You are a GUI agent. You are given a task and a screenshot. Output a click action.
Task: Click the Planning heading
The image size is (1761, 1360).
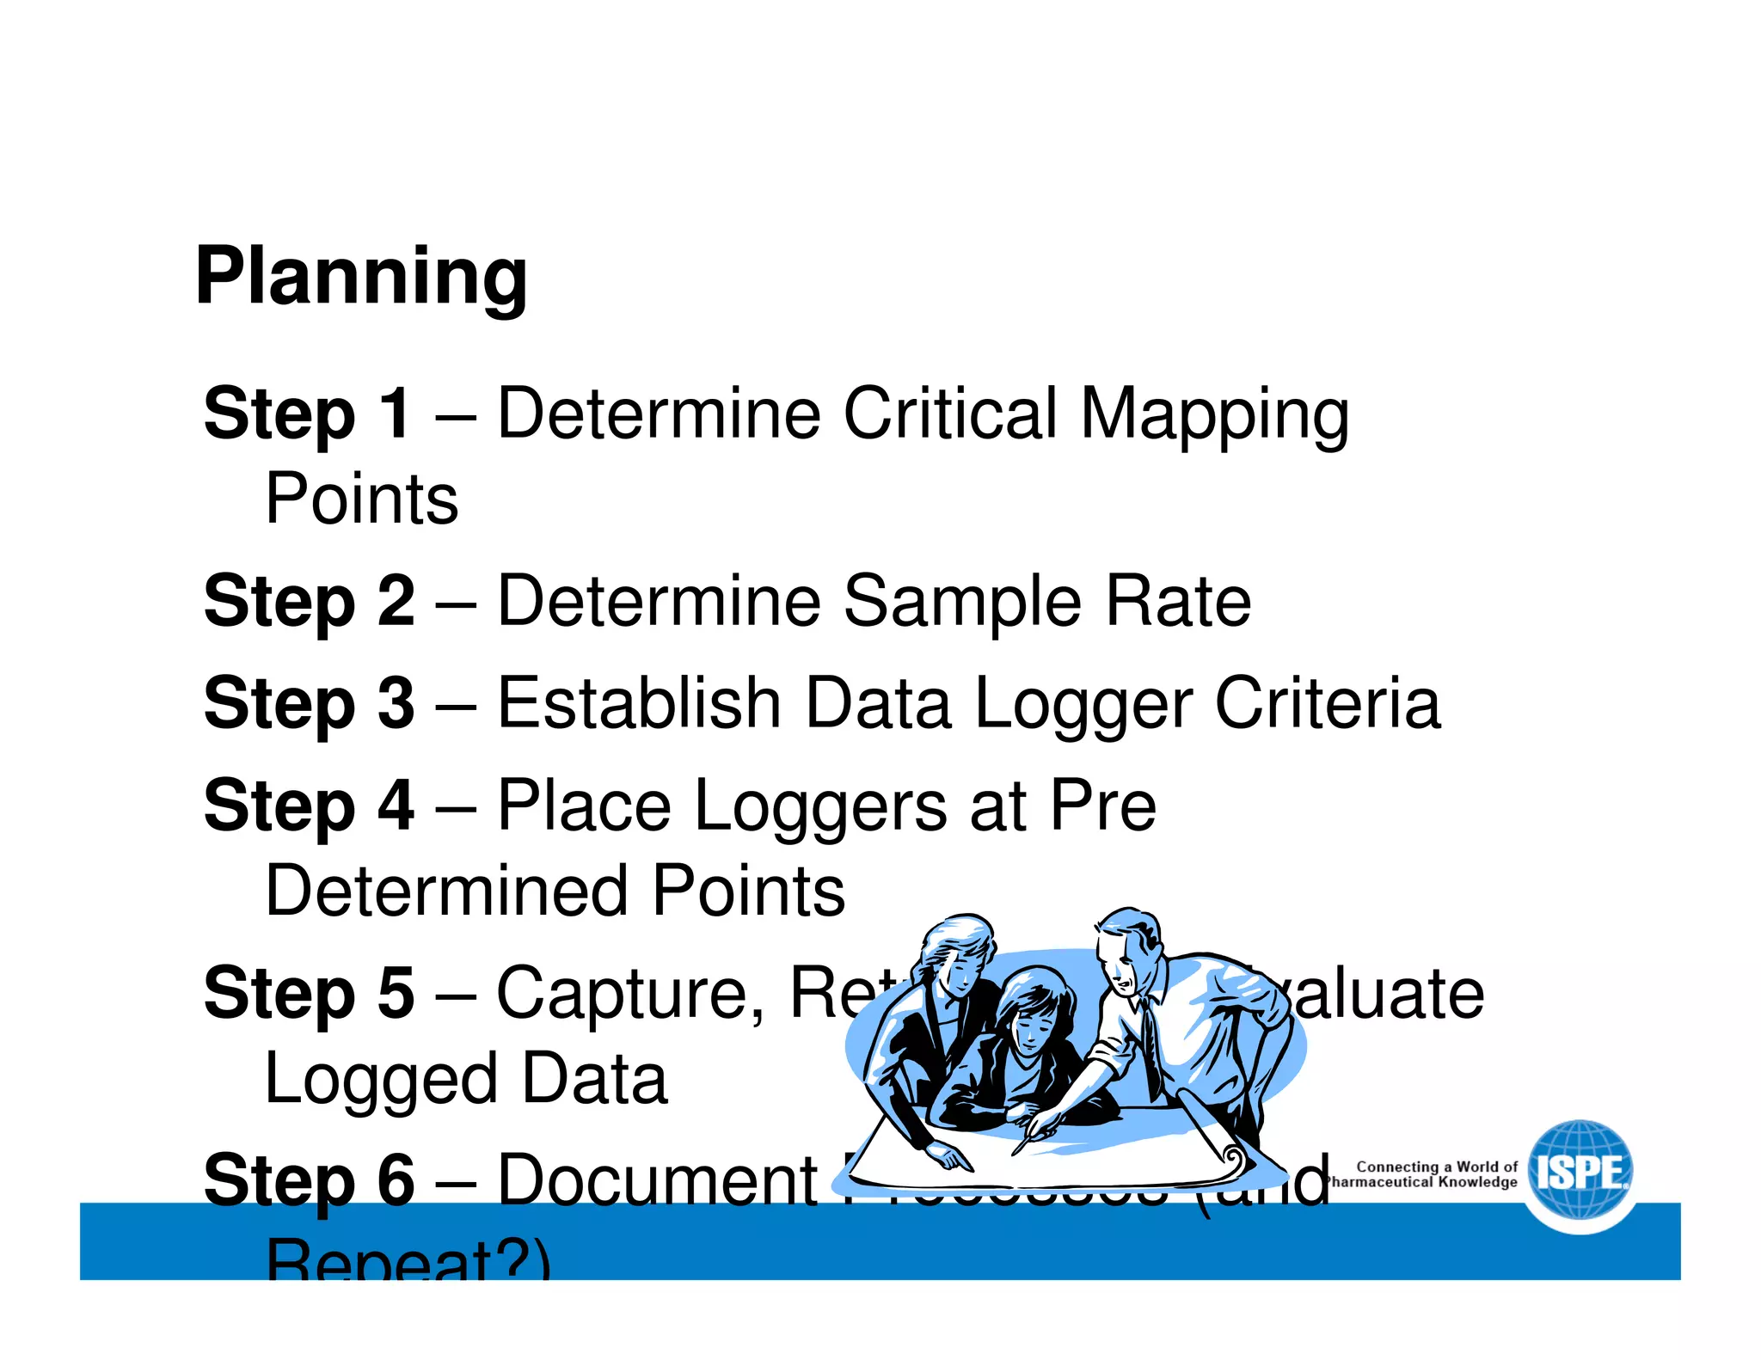(361, 277)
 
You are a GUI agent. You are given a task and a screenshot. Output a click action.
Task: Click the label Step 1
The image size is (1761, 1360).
(307, 414)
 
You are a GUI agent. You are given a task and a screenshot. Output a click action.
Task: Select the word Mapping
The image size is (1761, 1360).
(1214, 415)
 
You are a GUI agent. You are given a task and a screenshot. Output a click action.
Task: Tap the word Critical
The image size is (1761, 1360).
(949, 414)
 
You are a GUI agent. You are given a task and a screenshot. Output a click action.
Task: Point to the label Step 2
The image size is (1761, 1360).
(309, 601)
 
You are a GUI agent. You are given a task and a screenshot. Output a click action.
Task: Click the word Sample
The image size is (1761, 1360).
(961, 601)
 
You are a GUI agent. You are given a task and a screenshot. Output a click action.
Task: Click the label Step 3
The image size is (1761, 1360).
(309, 703)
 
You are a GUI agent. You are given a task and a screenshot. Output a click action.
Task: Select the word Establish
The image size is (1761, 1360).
(639, 703)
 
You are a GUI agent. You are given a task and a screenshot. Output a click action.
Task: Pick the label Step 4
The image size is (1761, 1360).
(309, 806)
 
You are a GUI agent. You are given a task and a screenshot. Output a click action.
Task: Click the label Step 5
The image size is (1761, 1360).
(309, 993)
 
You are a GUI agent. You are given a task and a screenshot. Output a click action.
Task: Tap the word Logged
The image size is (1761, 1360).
(381, 1080)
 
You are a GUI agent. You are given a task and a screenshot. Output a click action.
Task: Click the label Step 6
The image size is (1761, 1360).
(309, 1180)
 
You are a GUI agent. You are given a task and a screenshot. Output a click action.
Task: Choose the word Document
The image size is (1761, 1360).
(658, 1180)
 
